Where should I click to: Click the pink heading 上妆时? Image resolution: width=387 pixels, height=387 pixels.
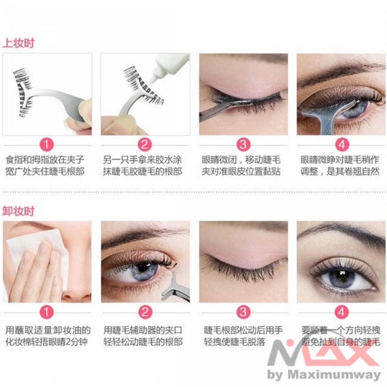(x=19, y=43)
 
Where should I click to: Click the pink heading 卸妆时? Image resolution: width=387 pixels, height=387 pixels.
(x=19, y=211)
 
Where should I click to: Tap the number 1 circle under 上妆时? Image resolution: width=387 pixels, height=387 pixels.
(x=47, y=144)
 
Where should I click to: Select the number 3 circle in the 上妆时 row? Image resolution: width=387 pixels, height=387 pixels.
(x=243, y=144)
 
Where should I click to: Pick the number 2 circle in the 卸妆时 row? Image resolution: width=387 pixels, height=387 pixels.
(x=145, y=312)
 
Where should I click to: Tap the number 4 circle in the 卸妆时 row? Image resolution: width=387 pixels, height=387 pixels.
(x=342, y=312)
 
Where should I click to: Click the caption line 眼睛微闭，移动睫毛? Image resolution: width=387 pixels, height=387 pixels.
(x=241, y=159)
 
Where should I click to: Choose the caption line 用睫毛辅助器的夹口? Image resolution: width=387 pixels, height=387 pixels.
(x=143, y=330)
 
